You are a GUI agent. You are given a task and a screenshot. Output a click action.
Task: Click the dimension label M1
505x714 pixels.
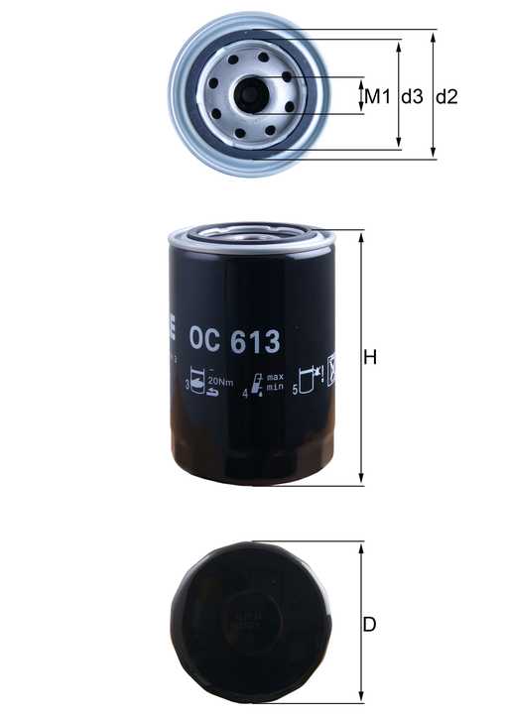(x=374, y=96)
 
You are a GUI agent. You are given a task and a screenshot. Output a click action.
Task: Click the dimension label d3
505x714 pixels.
(x=411, y=96)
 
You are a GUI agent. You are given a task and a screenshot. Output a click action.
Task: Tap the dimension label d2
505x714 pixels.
(x=446, y=96)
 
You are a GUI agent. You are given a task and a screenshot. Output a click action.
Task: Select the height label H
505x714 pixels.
(x=370, y=357)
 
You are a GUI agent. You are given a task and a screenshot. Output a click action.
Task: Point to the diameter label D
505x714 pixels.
(x=369, y=625)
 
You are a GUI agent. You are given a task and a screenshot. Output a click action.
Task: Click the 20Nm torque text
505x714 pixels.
(x=220, y=383)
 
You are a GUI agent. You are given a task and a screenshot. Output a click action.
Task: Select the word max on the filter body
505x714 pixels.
(x=276, y=378)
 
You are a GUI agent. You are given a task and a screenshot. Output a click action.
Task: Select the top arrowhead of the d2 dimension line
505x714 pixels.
(x=434, y=35)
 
